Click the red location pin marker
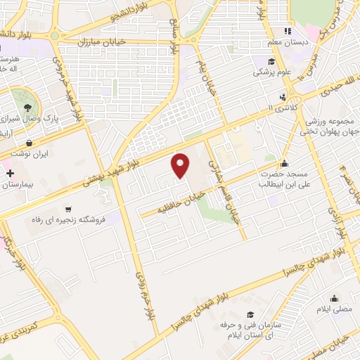click(x=181, y=165)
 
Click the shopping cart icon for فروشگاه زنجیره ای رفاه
click(x=68, y=208)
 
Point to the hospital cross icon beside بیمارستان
click(x=9, y=172)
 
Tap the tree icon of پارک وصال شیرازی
click(x=27, y=108)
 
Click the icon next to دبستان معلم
click(x=286, y=31)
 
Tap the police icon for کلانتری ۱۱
click(x=282, y=97)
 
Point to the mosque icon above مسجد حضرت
click(x=284, y=163)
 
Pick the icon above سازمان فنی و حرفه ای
click(x=249, y=315)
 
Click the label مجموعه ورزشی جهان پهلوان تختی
click(x=329, y=125)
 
